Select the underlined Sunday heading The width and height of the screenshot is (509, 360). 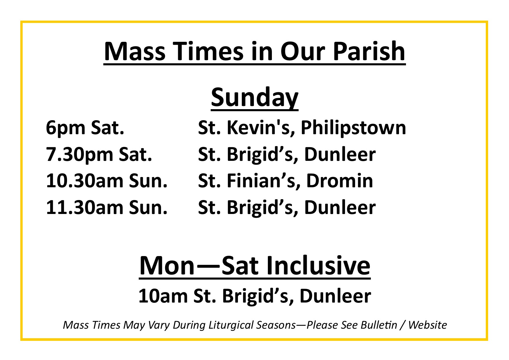[255, 98]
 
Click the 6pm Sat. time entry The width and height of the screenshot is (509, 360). [85, 128]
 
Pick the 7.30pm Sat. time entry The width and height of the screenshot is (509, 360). [99, 154]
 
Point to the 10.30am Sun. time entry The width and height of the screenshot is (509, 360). [107, 181]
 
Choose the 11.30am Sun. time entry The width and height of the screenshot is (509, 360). [107, 207]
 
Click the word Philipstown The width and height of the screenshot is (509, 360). [353, 128]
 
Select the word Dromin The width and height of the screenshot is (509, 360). [340, 181]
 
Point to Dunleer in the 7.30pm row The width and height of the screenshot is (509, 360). [340, 154]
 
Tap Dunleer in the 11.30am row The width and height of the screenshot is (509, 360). [340, 207]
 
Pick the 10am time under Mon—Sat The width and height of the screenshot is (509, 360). [163, 296]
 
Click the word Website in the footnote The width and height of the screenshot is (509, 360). [427, 325]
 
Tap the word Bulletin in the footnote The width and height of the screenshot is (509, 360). [379, 325]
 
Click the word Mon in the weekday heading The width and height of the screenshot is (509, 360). [167, 265]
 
